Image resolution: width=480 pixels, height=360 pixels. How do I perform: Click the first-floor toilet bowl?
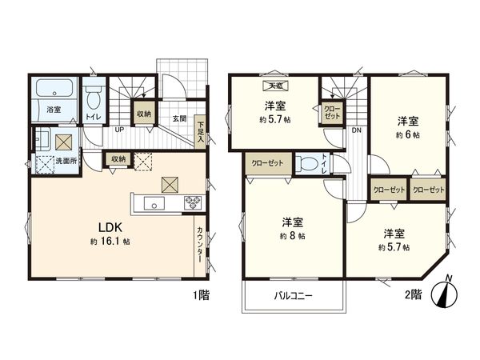click(94, 99)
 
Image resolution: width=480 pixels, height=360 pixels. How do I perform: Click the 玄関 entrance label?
click(179, 119)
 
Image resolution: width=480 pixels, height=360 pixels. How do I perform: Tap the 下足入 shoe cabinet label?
click(201, 130)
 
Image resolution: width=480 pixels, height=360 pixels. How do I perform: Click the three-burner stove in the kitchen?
click(194, 203)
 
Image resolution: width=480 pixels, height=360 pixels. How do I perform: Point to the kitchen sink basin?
click(154, 204)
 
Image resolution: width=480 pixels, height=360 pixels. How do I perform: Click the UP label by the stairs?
click(118, 129)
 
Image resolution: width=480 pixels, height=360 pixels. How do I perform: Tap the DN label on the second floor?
click(356, 129)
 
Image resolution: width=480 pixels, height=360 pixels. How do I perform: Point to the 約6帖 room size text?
click(408, 136)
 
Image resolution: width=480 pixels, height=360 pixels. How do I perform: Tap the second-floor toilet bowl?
click(305, 163)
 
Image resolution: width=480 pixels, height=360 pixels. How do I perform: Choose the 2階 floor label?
click(414, 294)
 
